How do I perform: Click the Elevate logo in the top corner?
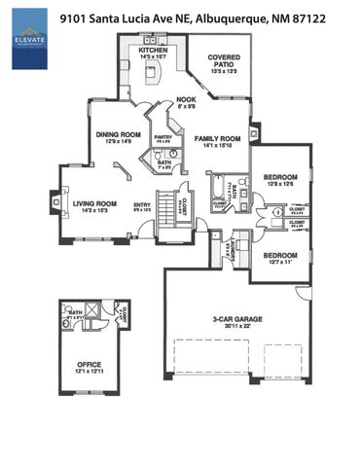[30, 49]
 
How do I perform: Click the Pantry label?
[162, 139]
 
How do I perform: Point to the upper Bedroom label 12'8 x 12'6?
[282, 179]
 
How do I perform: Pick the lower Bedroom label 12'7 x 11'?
[280, 257]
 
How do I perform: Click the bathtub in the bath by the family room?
[214, 184]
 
